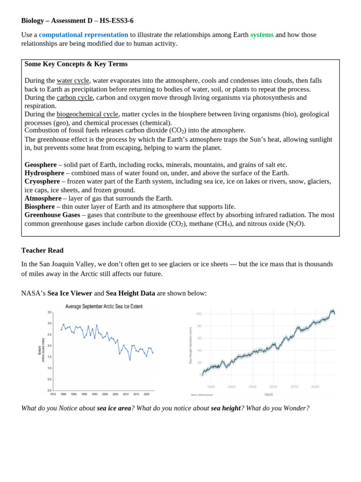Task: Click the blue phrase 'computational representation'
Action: (x=83, y=35)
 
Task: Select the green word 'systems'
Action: (x=262, y=35)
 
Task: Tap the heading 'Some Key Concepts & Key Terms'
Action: (x=76, y=64)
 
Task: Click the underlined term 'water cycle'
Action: (x=73, y=80)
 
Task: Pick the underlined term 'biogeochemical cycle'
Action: (x=87, y=114)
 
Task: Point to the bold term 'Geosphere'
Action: (x=40, y=165)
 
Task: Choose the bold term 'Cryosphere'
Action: (x=42, y=182)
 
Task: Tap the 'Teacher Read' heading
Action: (x=42, y=250)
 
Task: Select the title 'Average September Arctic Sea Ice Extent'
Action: (x=103, y=306)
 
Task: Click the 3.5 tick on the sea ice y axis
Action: (x=49, y=312)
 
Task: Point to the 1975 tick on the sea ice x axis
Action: (x=53, y=394)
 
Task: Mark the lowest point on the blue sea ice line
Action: (x=130, y=360)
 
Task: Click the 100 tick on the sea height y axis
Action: (x=198, y=314)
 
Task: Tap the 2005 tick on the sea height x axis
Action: (x=252, y=387)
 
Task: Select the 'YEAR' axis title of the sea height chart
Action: (x=268, y=395)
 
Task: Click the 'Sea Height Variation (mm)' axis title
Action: (x=190, y=345)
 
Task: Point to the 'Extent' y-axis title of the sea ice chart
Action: (x=39, y=350)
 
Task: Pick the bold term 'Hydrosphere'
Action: (x=44, y=173)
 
